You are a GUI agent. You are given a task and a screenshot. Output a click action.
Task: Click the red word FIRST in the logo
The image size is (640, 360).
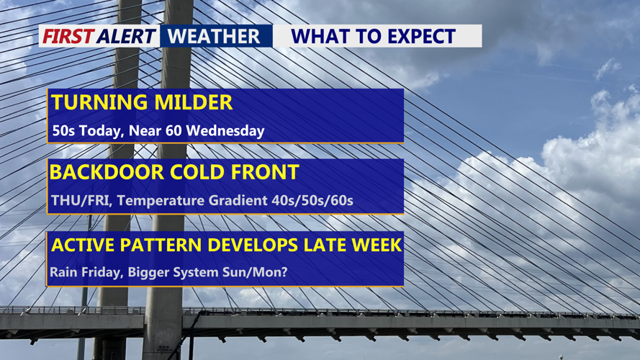tap(68, 36)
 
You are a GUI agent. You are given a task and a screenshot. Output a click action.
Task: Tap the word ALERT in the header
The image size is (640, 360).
tap(127, 36)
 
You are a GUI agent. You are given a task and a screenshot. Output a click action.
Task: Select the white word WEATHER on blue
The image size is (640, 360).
tap(214, 36)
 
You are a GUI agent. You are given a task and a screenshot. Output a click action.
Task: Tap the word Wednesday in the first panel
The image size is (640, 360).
tap(225, 131)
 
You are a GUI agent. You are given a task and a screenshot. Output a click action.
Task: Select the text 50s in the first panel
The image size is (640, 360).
tap(63, 131)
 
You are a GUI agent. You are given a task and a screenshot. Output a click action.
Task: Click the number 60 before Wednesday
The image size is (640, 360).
tap(174, 131)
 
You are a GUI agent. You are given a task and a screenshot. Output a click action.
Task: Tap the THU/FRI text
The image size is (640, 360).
tap(81, 201)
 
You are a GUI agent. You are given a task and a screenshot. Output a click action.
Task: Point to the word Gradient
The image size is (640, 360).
tap(238, 201)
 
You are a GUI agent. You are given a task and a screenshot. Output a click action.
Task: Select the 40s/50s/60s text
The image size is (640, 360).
tap(312, 201)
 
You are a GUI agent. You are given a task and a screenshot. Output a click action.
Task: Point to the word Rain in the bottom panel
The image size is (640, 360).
tap(63, 272)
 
